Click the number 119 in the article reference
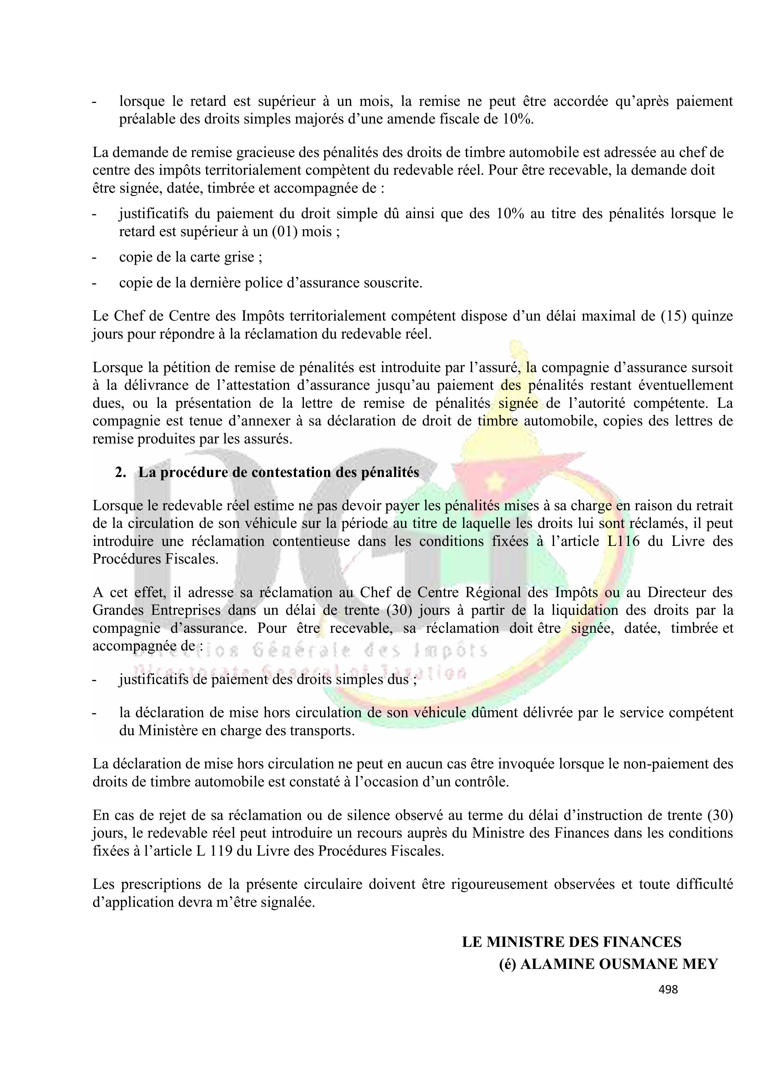[x=221, y=851]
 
